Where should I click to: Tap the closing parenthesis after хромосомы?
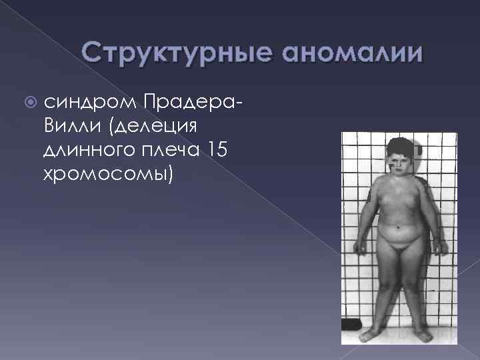[x=171, y=175]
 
